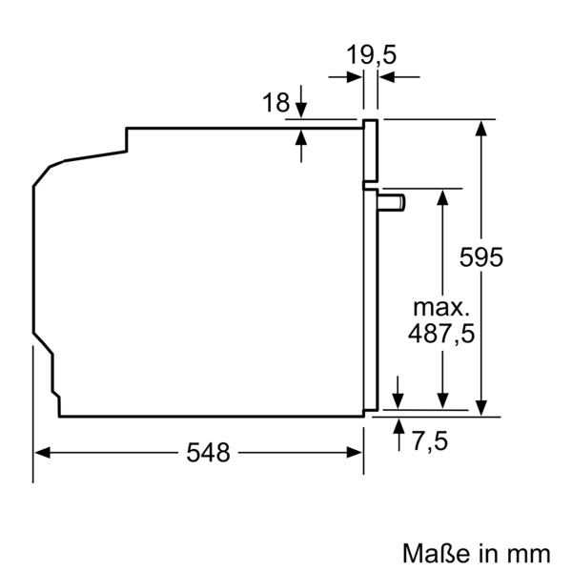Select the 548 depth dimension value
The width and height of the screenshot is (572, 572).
208,453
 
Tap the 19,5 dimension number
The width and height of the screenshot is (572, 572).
371,55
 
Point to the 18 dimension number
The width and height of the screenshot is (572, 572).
276,103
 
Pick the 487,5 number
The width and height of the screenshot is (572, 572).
440,334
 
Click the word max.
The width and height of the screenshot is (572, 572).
440,308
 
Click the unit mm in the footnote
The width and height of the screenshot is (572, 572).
529,552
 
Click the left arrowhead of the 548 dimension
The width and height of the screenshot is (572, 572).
40,453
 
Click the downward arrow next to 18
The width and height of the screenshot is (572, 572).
302,111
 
